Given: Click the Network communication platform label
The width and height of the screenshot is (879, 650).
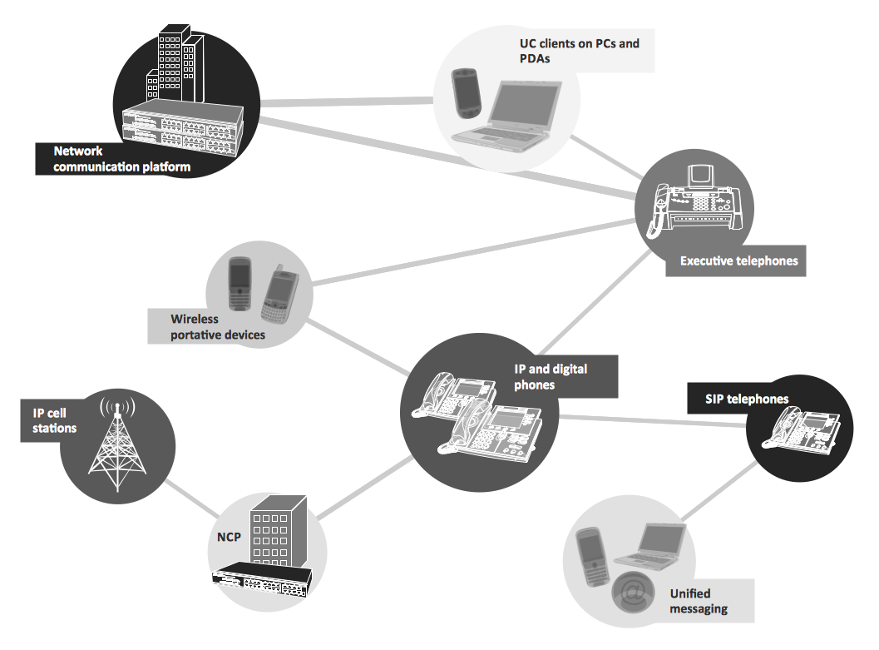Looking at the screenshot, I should [121, 159].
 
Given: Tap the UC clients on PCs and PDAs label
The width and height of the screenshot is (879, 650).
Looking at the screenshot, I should [573, 51].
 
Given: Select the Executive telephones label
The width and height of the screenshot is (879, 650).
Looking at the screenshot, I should [738, 260].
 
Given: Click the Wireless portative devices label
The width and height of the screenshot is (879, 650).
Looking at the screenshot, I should [218, 326].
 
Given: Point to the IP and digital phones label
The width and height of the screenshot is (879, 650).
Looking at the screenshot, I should [550, 376].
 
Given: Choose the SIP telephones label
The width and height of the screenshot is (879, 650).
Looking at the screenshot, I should [746, 399].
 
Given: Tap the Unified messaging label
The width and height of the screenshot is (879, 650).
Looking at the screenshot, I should [699, 601].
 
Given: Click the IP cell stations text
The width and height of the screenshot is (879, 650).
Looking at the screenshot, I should [55, 420].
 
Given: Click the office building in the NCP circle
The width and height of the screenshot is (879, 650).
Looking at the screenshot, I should [279, 533].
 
